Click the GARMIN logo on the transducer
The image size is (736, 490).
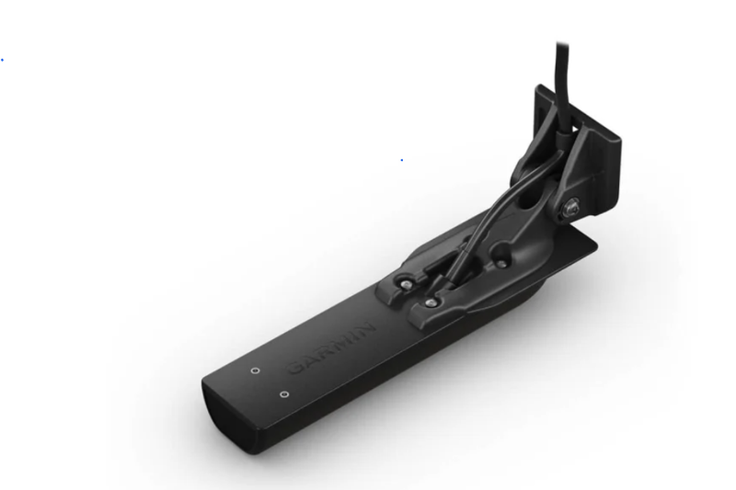click(332, 348)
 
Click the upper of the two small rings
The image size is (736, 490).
click(256, 371)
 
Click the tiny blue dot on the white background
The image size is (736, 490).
click(401, 160)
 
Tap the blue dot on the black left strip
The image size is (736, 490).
click(2, 60)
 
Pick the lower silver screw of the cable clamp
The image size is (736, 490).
click(430, 302)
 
